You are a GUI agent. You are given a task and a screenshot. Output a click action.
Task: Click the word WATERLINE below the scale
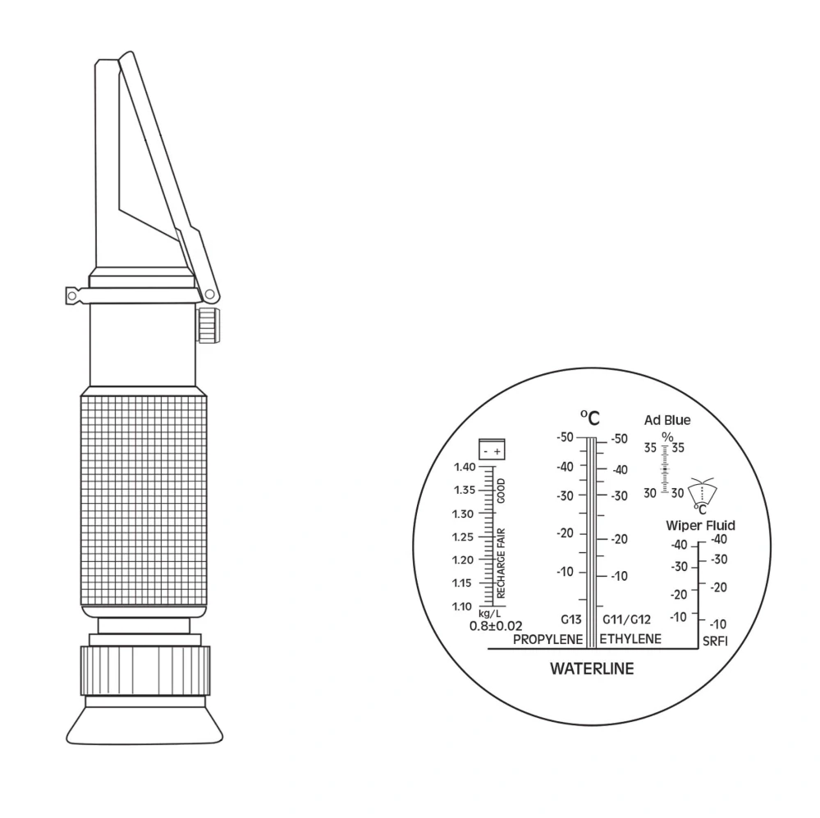(592, 669)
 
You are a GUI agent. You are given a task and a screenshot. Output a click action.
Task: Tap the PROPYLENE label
(547, 639)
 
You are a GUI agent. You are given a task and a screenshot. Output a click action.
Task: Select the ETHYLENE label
(630, 638)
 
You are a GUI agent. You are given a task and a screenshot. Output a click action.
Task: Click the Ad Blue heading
(667, 420)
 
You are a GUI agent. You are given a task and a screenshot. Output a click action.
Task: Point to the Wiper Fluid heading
(700, 525)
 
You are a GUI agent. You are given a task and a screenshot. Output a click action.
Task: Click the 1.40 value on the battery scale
(465, 467)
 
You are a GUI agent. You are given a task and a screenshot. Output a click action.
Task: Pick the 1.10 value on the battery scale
(462, 606)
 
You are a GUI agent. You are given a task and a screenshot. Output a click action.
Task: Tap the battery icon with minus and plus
(492, 450)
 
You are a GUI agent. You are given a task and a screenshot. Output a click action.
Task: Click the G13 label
(571, 619)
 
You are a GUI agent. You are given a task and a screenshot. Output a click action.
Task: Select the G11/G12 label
(626, 619)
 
